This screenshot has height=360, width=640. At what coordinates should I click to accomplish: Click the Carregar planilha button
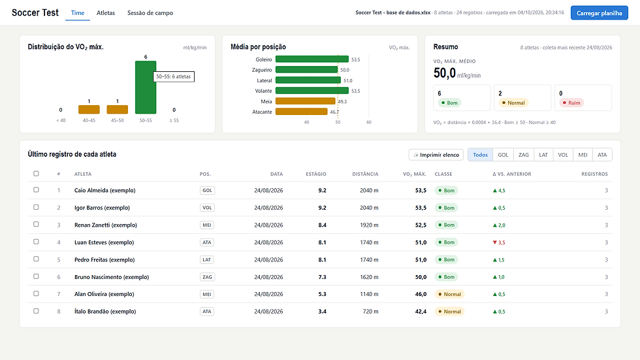point(600,13)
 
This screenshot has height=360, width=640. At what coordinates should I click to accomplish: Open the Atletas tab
point(106,13)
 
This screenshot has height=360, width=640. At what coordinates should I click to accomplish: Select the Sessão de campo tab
point(150,13)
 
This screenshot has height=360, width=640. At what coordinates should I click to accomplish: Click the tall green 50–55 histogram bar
point(146,88)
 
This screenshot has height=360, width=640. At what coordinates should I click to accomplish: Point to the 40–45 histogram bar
point(89,109)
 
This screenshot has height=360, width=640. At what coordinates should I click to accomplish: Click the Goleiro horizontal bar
point(312,59)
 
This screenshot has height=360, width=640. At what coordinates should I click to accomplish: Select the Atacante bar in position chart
point(302,112)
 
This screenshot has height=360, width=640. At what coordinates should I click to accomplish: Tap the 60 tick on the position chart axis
point(369,122)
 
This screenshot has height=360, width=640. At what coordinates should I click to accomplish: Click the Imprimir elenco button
point(436,155)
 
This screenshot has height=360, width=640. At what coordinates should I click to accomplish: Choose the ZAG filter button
point(524,155)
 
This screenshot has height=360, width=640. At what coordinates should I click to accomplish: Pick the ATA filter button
point(602,155)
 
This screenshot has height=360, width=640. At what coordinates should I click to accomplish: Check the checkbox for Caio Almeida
point(37,189)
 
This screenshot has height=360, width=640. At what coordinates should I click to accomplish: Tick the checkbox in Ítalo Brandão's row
point(37,311)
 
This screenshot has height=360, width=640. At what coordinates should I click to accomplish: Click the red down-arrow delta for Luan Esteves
point(499,242)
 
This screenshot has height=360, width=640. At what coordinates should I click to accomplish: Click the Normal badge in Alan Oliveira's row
point(449,294)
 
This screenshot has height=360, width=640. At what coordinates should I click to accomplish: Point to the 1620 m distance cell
point(369,277)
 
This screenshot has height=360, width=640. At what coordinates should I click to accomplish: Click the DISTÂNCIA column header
point(365,174)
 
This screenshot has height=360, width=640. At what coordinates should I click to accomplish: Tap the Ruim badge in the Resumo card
point(571,103)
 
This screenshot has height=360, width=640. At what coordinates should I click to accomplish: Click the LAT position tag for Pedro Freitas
point(207,259)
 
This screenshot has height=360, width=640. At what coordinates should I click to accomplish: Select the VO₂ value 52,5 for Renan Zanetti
point(421,225)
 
